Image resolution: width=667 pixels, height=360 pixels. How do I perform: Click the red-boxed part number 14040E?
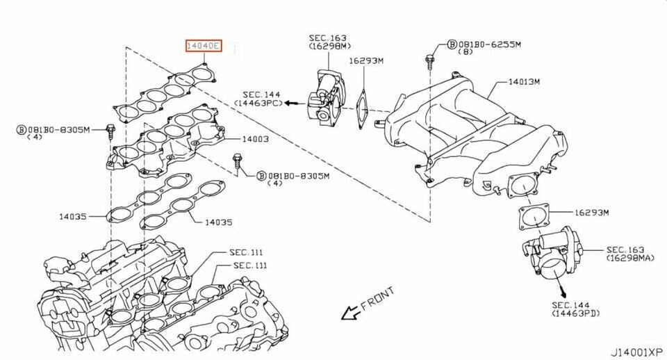click(203, 47)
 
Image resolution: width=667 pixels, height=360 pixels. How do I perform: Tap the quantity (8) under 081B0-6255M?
click(467, 52)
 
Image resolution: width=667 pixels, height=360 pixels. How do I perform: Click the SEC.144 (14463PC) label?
click(262, 98)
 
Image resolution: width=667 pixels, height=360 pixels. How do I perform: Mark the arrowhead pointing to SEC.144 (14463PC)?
click(288, 103)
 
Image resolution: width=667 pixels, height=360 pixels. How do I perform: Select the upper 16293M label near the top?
click(365, 61)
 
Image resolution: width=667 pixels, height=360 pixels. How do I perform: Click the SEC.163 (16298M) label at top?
click(328, 41)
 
